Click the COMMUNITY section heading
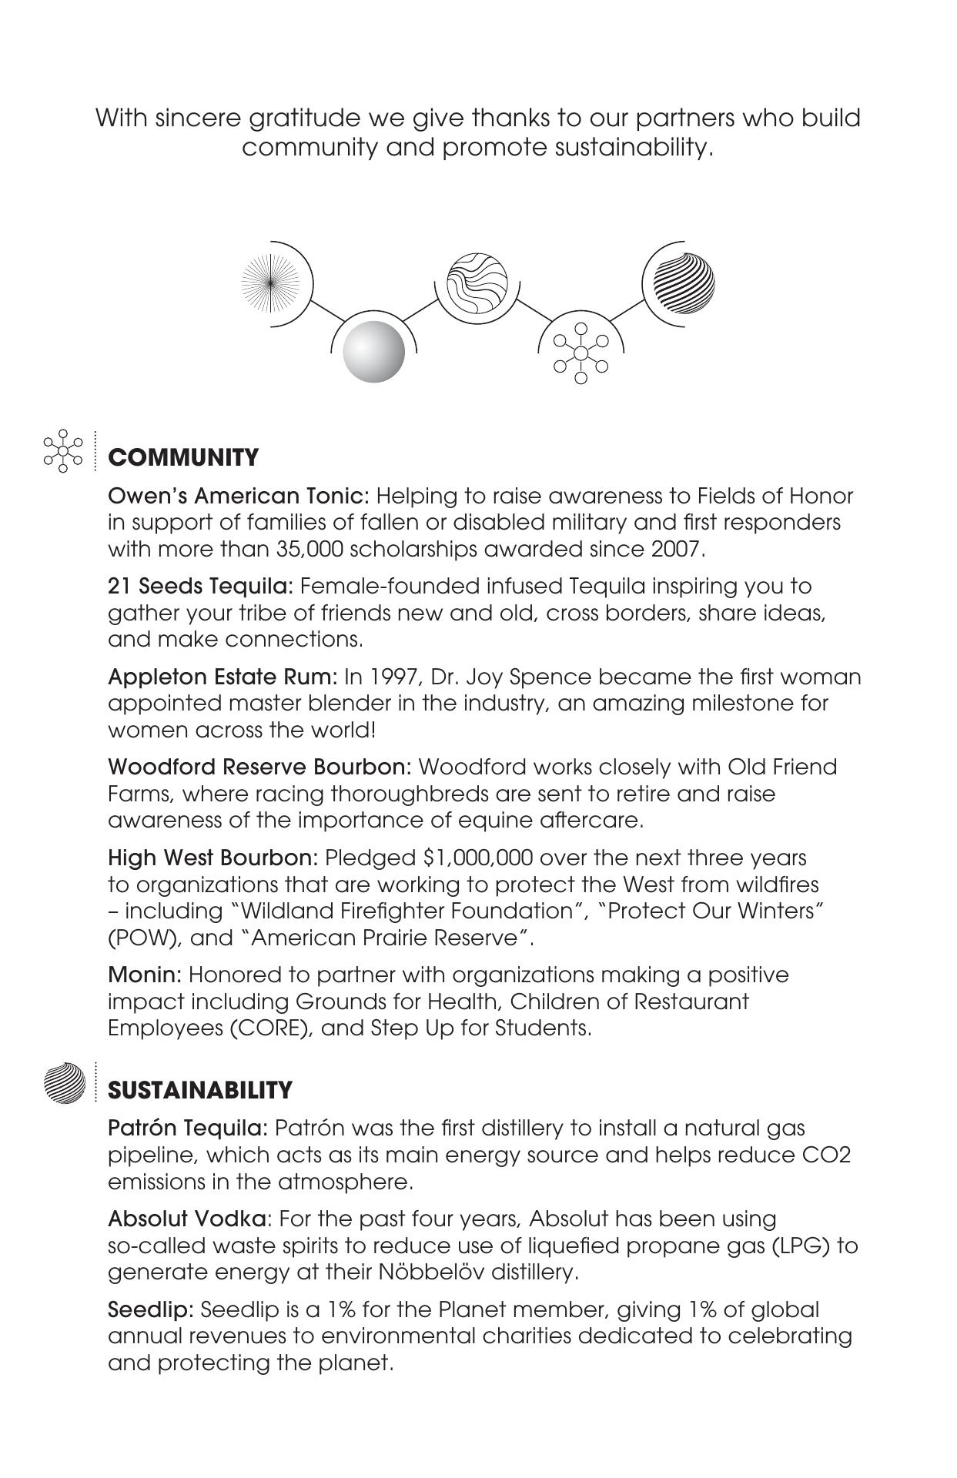(x=183, y=458)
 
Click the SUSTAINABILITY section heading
(x=200, y=1091)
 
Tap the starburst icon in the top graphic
(x=269, y=284)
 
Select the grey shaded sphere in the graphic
(x=373, y=352)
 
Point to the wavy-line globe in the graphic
(x=477, y=282)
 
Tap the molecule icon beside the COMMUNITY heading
(x=64, y=450)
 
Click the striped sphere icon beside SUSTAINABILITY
(x=65, y=1083)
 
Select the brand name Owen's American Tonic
(x=239, y=496)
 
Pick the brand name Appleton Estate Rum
(x=223, y=677)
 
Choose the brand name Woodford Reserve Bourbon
(x=260, y=767)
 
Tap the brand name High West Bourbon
(x=212, y=858)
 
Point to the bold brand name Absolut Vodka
(x=189, y=1219)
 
